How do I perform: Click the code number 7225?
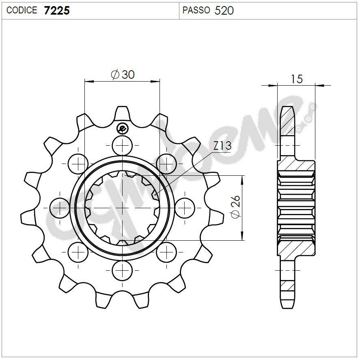coord(57,11)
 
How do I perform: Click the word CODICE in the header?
coord(22,11)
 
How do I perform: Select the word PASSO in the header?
coord(196,11)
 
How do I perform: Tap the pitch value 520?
coord(224,11)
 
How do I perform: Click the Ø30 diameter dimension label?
coord(122,75)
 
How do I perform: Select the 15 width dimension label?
coord(297,79)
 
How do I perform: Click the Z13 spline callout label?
coord(222,146)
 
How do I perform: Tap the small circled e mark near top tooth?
coord(122,129)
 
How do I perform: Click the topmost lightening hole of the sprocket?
coord(122,145)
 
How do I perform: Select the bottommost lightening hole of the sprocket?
coord(122,269)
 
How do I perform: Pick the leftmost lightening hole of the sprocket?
coord(60,207)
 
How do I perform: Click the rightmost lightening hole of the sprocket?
coord(184,207)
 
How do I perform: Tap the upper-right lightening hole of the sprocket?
coord(166,164)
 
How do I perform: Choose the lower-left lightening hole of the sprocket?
coord(78,252)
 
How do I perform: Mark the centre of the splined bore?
coord(122,207)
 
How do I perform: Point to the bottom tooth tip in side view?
coord(287,304)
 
